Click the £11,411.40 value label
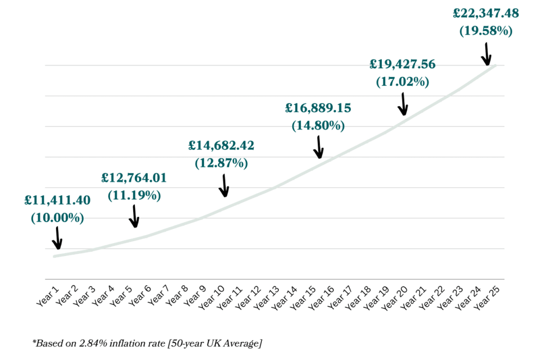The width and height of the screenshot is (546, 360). click(57, 201)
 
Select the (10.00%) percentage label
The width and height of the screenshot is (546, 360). click(57, 218)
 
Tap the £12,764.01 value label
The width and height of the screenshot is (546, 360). click(134, 178)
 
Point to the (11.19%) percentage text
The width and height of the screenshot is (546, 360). click(134, 195)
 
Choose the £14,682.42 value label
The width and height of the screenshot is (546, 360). click(221, 145)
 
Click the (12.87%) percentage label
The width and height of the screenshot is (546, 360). click(221, 163)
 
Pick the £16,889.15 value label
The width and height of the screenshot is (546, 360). click(318, 108)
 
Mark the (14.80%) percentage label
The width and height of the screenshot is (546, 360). click(318, 126)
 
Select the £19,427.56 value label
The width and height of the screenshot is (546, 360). click(403, 65)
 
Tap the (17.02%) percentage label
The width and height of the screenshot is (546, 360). click(403, 82)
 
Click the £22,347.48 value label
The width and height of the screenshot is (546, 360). click(486, 13)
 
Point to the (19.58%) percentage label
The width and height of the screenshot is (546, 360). click(486, 30)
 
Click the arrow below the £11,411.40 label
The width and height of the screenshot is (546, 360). click(57, 238)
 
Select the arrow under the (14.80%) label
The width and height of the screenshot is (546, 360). click(319, 147)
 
